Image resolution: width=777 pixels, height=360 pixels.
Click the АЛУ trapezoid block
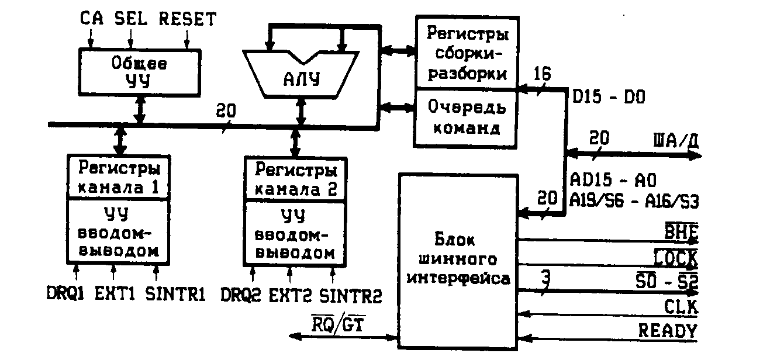302,76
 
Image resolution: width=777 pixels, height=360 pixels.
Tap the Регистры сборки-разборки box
466,55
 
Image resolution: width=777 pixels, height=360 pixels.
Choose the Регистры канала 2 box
295,179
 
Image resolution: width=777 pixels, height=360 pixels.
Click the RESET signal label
187,19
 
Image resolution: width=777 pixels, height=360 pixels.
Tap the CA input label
92,19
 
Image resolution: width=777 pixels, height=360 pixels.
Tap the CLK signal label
680,307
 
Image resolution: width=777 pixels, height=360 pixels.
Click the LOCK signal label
675,257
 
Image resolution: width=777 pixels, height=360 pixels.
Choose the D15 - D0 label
608,97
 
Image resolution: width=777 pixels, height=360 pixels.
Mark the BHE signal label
682,232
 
